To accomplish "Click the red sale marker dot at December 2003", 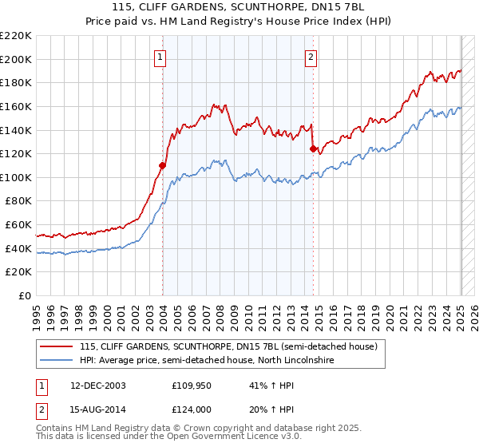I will pyautogui.click(x=163, y=165).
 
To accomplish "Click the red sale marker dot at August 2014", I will pyautogui.click(x=313, y=148).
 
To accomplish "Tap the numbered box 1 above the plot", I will pyautogui.click(x=160, y=57).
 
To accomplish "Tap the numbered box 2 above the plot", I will pyautogui.click(x=311, y=57).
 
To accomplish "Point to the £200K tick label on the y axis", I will pyautogui.click(x=16, y=59).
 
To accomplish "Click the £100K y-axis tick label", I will pyautogui.click(x=16, y=177).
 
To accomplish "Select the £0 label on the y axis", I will pyautogui.click(x=26, y=295).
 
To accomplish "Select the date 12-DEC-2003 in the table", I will pyautogui.click(x=97, y=385).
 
